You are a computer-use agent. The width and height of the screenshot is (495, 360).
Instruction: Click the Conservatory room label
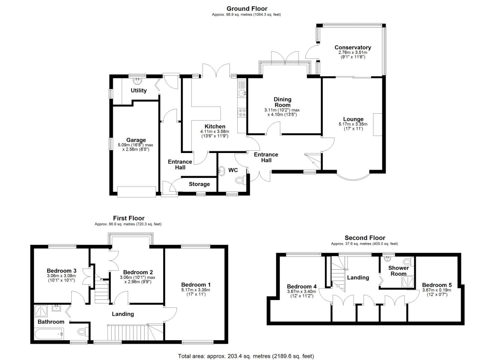(353, 47)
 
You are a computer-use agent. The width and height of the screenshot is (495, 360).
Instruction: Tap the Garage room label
(136, 140)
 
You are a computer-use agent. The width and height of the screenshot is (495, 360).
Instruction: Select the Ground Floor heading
(247, 9)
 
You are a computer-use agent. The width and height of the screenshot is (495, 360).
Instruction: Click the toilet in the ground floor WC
(240, 180)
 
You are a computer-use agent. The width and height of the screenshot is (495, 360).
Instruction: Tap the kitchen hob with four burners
(242, 113)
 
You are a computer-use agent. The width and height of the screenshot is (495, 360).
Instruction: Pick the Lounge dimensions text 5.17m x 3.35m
(353, 124)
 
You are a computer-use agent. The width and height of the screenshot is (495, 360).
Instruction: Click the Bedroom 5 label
(437, 285)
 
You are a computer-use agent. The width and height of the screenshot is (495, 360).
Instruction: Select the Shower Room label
(398, 271)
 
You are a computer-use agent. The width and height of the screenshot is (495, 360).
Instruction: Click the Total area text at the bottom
(246, 356)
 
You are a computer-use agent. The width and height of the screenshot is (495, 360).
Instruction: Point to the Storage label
(199, 184)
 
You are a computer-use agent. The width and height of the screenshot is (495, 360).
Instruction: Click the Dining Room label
(282, 102)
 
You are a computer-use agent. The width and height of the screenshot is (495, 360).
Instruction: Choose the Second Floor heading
(365, 238)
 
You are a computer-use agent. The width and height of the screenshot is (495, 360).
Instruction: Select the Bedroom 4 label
(302, 286)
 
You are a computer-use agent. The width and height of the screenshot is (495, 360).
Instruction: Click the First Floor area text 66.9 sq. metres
(128, 224)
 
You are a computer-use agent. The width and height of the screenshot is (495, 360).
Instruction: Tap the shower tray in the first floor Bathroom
(42, 311)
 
